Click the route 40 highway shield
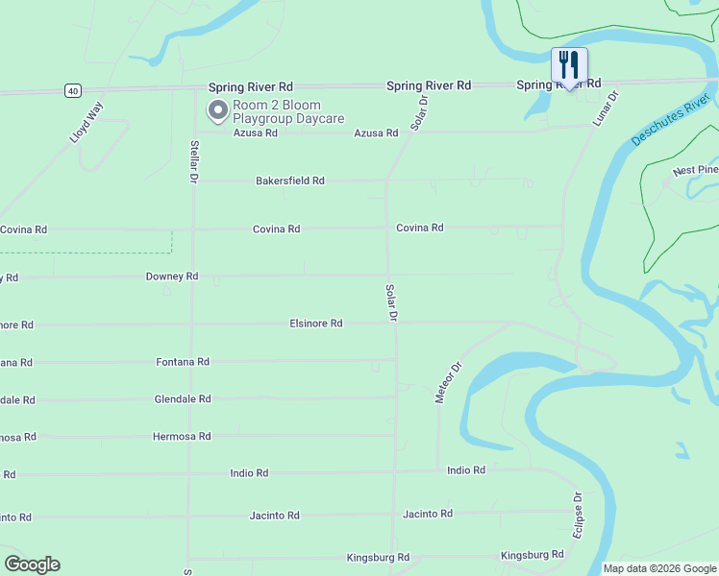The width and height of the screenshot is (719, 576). point(73,90)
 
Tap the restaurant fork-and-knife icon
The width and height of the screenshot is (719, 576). point(569,65)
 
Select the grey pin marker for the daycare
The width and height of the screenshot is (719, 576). point(218,111)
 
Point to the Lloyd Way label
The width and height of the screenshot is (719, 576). point(86,122)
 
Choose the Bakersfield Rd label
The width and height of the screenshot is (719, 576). point(289,180)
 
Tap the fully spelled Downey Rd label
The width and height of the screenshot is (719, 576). point(172,276)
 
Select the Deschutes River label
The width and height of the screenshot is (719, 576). point(670,120)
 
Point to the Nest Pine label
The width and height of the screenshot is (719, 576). point(695,171)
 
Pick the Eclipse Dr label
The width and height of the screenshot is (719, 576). point(578,516)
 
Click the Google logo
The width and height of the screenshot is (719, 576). point(32,564)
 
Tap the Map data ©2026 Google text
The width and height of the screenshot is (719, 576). point(658,568)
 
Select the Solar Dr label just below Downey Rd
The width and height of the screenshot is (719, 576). point(391,301)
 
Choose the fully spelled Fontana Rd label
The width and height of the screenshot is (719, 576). point(183,362)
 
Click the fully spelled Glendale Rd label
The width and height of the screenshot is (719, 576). point(183,399)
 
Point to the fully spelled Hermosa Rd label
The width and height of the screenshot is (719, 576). point(182,437)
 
